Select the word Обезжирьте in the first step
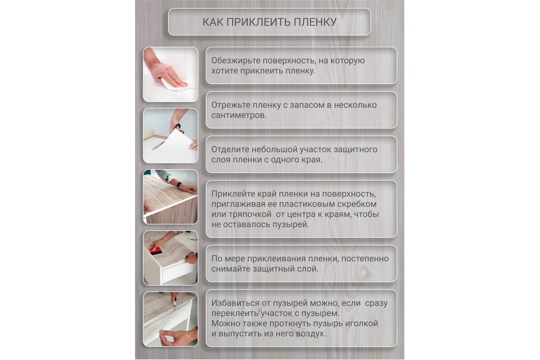[235, 61]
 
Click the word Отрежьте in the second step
[230, 105]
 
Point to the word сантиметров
[239, 116]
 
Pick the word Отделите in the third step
[230, 149]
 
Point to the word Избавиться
[235, 303]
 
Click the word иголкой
[361, 324]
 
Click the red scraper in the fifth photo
[156, 250]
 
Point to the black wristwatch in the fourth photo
[179, 184]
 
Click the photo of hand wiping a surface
[171, 74]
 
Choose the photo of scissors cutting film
[171, 136]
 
